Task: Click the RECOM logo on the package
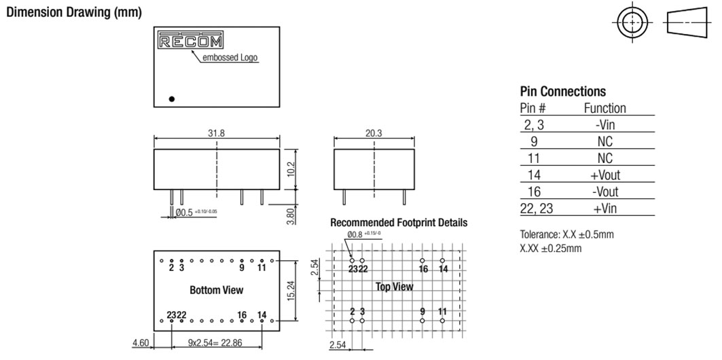coord(191,39)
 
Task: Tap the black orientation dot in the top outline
coord(172,98)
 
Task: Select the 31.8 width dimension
coord(217,133)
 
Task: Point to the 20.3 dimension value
coord(374,133)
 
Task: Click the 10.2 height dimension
coord(291,169)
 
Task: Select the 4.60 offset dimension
coord(141,342)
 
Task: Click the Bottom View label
coord(217,290)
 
